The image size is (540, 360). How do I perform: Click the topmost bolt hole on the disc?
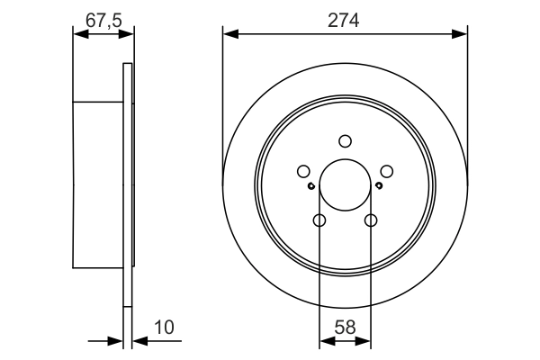345,140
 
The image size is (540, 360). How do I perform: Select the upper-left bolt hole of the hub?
303,171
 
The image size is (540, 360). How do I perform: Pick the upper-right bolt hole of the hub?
386,171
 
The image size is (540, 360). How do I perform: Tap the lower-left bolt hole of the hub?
319,220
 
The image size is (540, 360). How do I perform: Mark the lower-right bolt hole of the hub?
370,220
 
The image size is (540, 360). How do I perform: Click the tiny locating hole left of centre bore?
310,186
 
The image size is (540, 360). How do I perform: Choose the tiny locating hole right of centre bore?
379,186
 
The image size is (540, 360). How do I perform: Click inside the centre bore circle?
345,184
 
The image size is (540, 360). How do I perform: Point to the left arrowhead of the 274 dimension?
229,35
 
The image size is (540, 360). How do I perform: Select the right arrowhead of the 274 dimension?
462,35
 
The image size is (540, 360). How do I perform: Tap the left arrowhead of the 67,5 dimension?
78,35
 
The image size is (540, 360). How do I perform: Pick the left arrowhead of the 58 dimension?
325,341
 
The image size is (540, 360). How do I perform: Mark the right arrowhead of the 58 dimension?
364,341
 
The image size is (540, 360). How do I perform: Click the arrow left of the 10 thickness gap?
116,341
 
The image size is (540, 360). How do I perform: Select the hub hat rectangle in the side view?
97,184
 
